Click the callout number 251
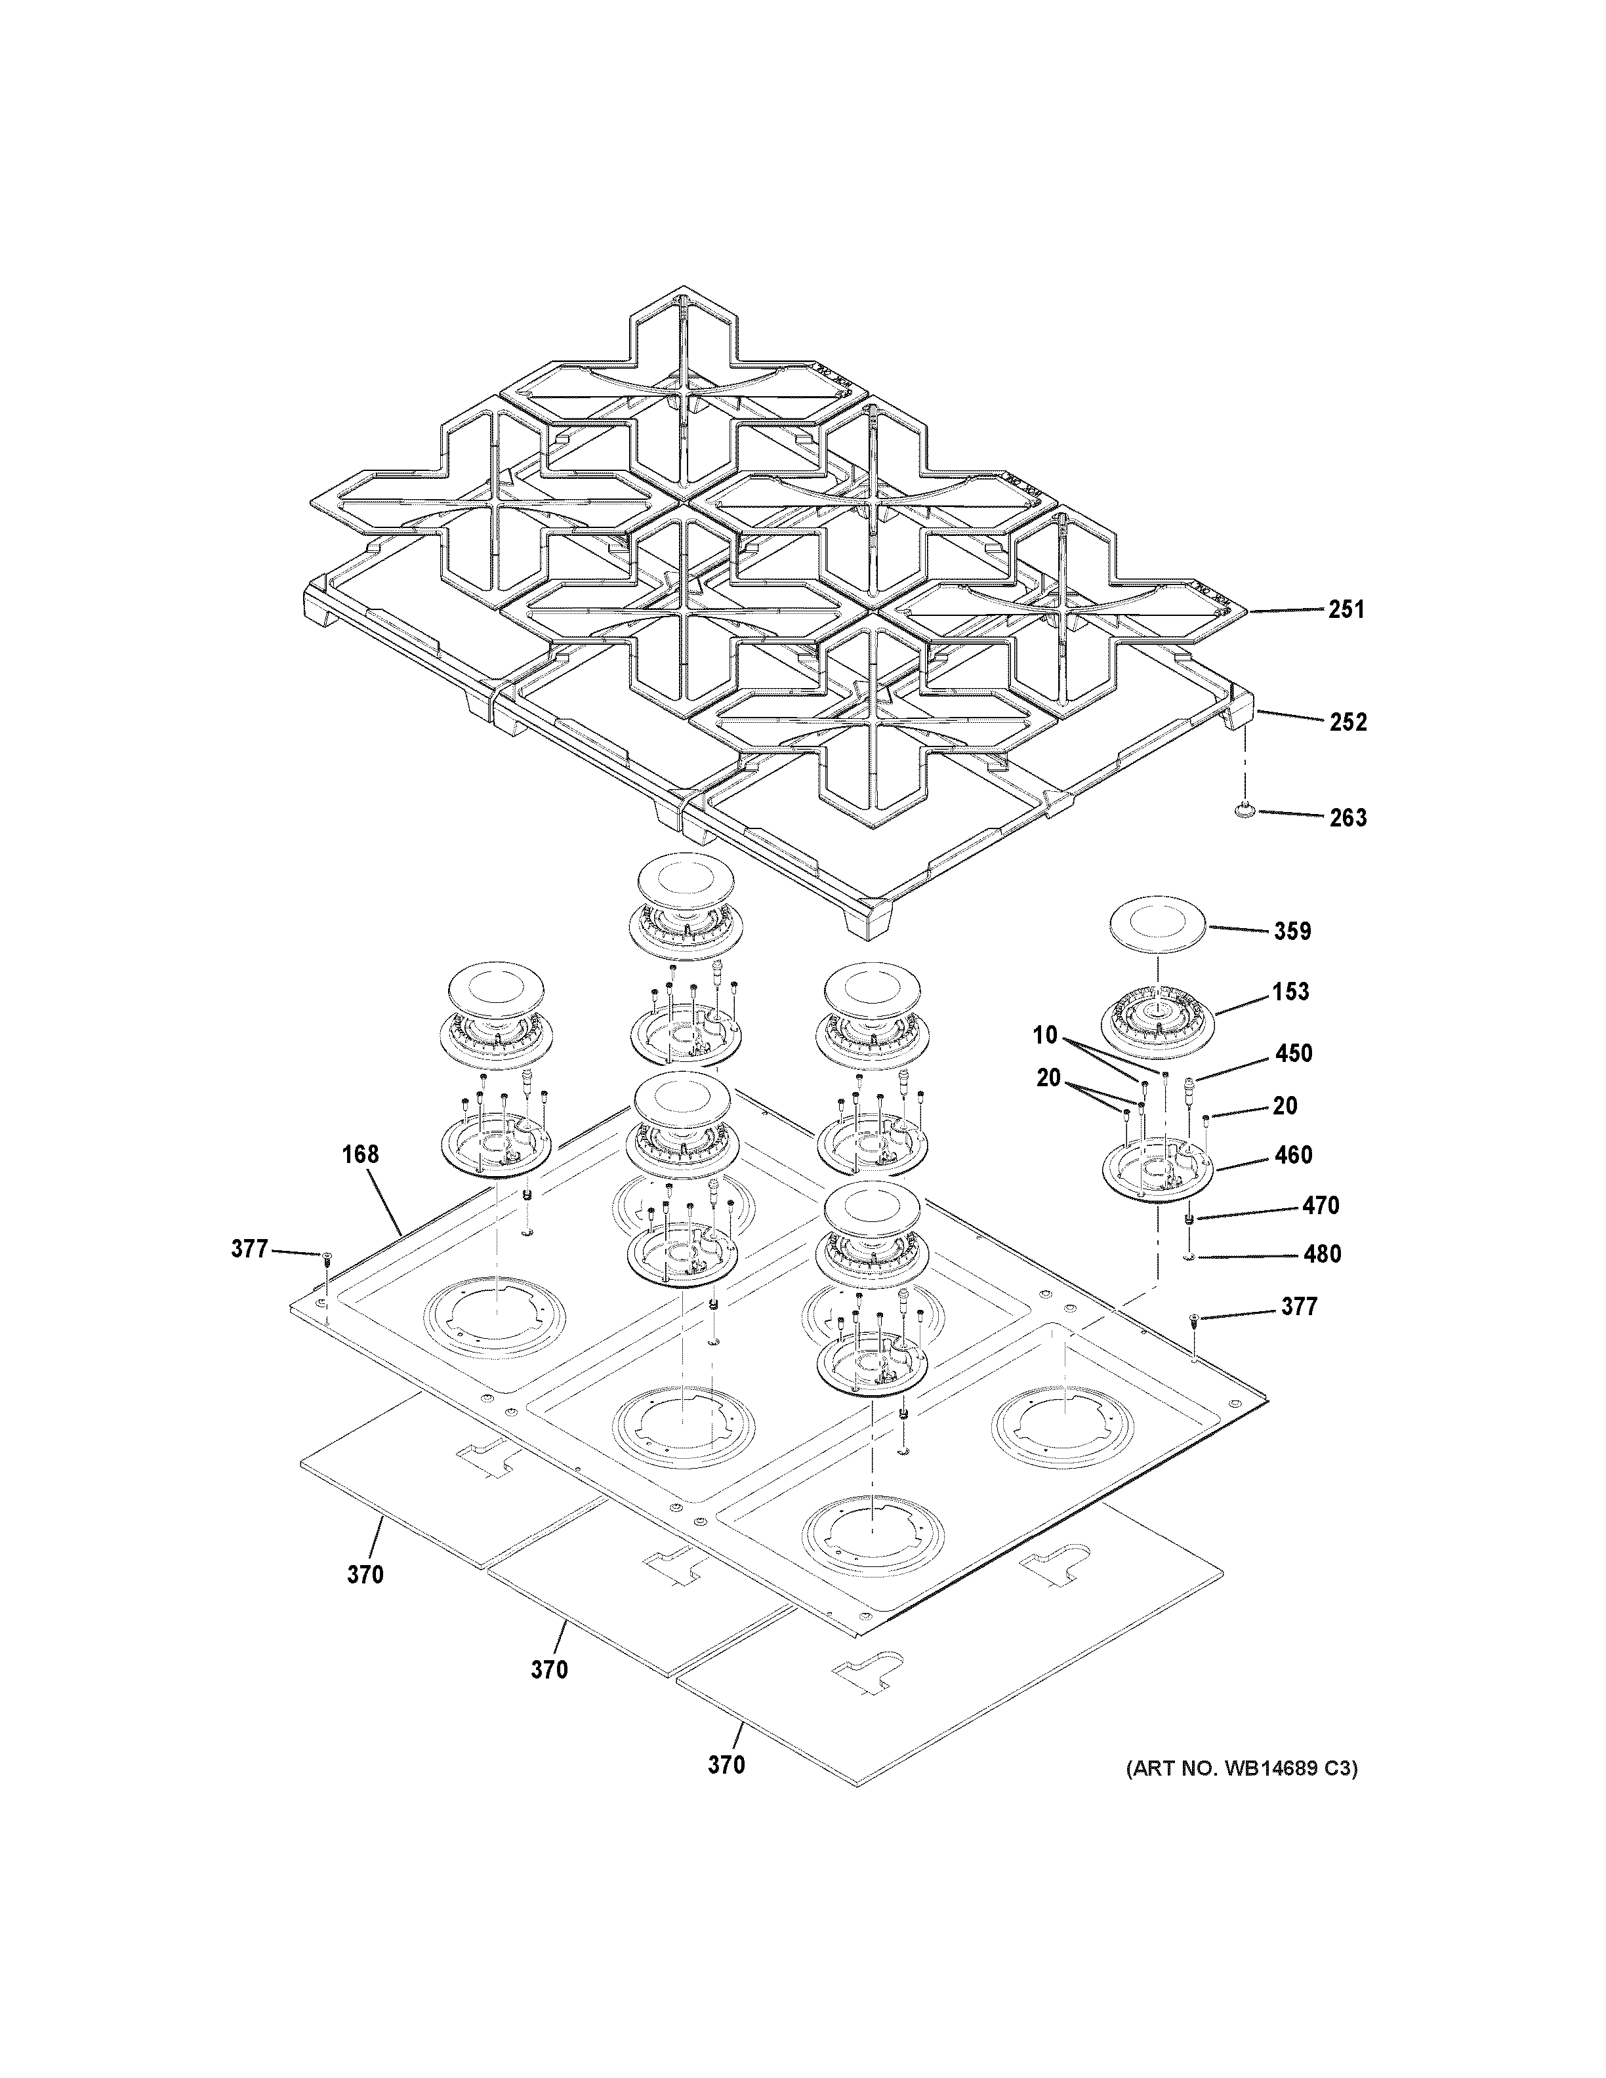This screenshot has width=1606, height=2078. click(x=1346, y=610)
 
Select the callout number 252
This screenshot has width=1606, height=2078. click(x=1348, y=722)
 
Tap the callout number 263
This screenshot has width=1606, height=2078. click(x=1348, y=817)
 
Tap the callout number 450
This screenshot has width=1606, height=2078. click(x=1293, y=1053)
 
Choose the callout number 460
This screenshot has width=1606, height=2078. click(x=1293, y=1155)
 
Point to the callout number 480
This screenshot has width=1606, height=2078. click(x=1321, y=1254)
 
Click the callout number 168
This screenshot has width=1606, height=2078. click(x=361, y=1154)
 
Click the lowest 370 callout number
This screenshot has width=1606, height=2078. click(x=726, y=1766)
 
